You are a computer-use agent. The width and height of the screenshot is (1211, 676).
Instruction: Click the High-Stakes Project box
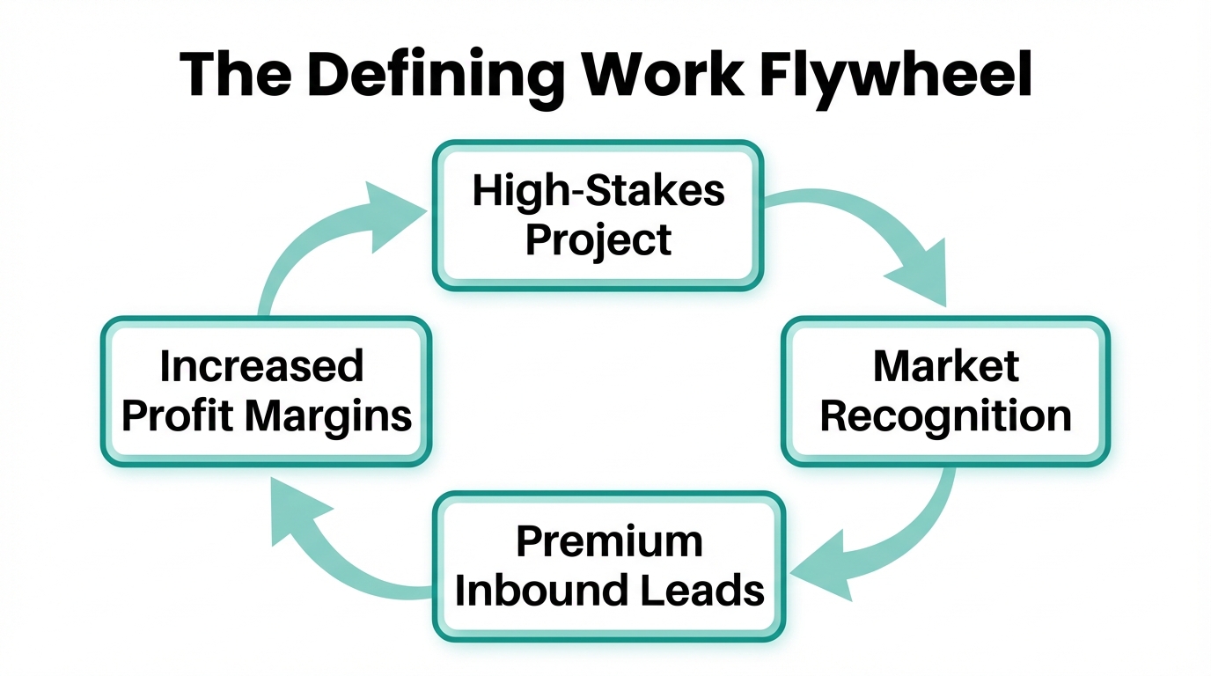click(x=598, y=215)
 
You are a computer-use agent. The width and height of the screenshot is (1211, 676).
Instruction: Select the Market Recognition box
click(x=945, y=391)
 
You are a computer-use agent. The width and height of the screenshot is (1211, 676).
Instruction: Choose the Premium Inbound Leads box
click(x=608, y=566)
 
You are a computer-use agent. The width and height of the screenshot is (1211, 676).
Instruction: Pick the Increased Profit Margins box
click(x=266, y=391)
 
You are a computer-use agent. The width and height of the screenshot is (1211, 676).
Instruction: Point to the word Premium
click(x=608, y=540)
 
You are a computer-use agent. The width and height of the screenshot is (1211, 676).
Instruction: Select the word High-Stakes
click(x=598, y=190)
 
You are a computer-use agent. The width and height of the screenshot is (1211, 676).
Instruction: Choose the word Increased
click(x=261, y=366)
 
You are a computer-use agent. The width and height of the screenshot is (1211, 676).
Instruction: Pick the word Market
click(x=945, y=366)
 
